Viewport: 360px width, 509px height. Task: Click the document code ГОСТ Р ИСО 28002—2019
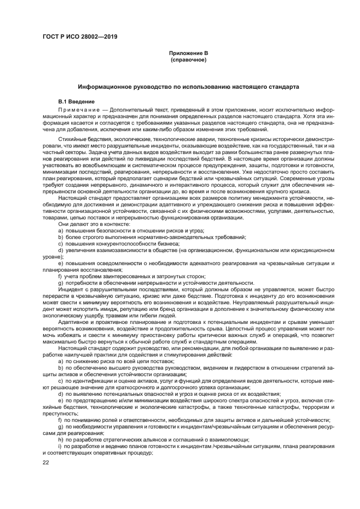pos(80,37)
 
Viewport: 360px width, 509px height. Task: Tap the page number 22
pos(46,463)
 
